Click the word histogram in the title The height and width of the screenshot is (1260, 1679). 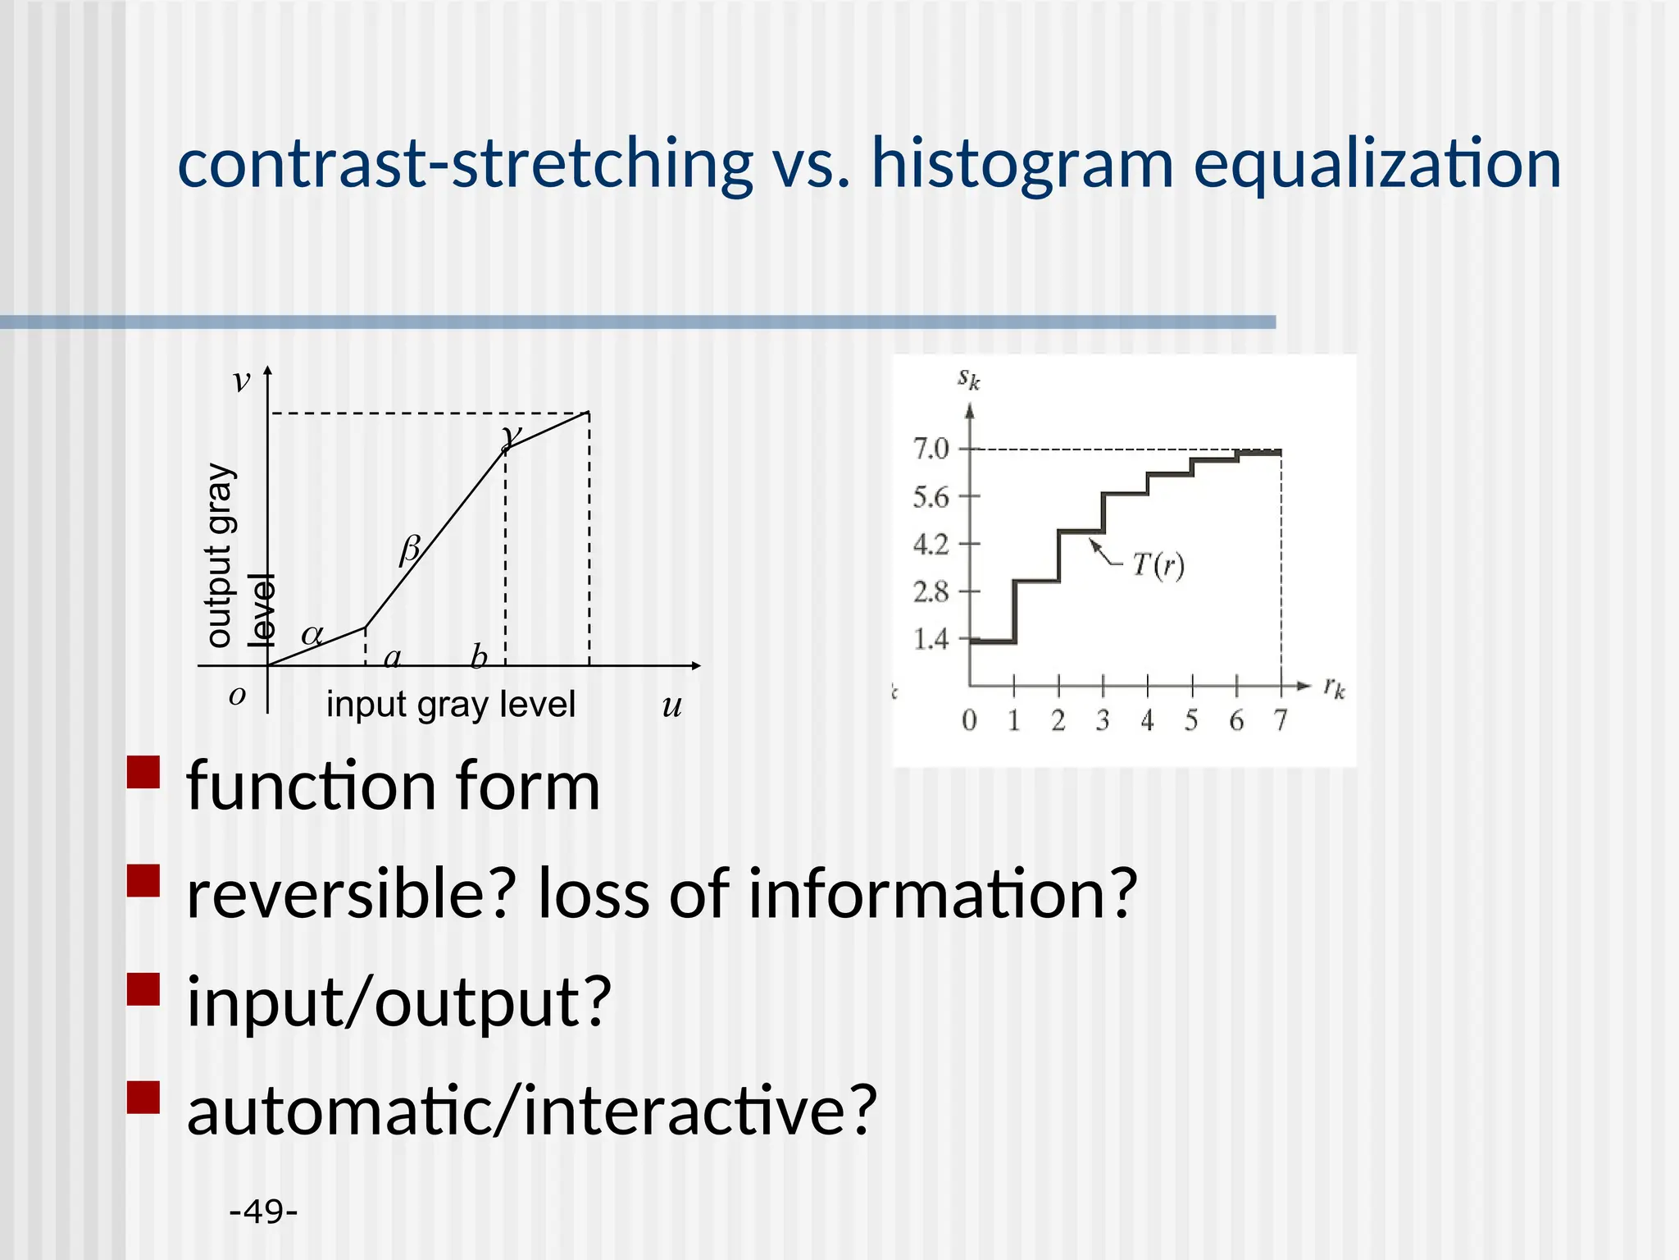coord(1022,164)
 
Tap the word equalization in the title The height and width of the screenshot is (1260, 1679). coord(1376,164)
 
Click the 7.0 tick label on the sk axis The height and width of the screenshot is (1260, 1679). coord(931,449)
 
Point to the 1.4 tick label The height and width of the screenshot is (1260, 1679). coord(931,639)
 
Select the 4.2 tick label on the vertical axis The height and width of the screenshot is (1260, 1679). coord(931,544)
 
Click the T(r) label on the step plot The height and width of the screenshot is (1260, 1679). coord(1158,564)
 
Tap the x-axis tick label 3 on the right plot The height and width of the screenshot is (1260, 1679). coord(1103,720)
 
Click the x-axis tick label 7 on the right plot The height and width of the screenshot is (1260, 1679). coord(1281,720)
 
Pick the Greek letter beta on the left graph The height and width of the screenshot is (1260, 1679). coord(409,550)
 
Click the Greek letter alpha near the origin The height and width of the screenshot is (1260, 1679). coord(312,635)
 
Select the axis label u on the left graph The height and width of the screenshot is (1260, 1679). coord(672,705)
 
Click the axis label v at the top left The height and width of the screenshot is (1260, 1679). coord(240,381)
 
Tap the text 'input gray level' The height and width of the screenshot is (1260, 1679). coord(451,705)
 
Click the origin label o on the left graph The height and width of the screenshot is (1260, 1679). coord(237,696)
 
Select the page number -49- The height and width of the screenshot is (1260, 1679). coord(263,1211)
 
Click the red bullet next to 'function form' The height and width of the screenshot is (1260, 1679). coord(143,772)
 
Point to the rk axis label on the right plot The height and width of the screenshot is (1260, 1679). coord(1334,687)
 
